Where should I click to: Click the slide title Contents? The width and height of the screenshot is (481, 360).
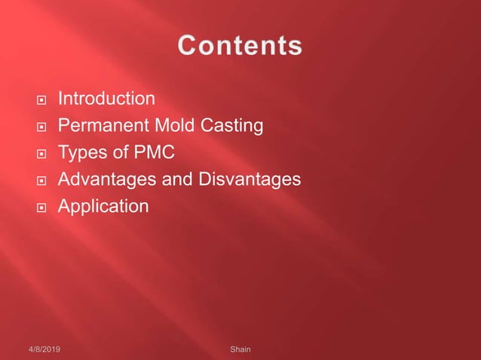(240, 45)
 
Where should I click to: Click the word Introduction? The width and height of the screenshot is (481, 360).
(107, 99)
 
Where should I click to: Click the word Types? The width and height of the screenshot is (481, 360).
(81, 153)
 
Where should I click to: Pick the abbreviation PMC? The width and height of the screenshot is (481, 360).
(154, 153)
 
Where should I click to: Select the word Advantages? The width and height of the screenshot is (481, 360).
(103, 180)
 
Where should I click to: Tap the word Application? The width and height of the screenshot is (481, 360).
(103, 206)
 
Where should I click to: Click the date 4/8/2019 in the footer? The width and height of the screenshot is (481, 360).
(47, 350)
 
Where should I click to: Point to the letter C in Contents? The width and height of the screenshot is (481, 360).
(188, 45)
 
